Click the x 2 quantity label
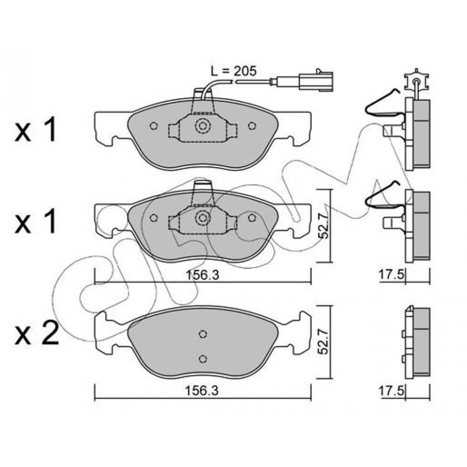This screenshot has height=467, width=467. tap(36, 335)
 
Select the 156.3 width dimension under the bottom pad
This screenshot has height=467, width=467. tap(202, 390)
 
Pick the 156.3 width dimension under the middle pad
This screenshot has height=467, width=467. tap(203, 275)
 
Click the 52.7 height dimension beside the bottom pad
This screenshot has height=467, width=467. tap(324, 341)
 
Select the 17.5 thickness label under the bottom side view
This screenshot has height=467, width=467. tap(391, 390)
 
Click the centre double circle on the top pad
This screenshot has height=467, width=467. tap(203, 126)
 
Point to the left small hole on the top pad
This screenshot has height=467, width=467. tap(154, 126)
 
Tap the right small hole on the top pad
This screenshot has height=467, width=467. tap(252, 126)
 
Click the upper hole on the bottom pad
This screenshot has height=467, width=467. tap(203, 334)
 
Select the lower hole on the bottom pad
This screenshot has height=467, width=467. tap(203, 359)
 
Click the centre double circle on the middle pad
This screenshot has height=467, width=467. tap(203, 218)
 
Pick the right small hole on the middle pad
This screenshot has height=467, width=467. tap(252, 218)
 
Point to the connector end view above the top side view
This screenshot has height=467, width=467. tap(417, 79)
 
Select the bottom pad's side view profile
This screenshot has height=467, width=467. tap(417, 342)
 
